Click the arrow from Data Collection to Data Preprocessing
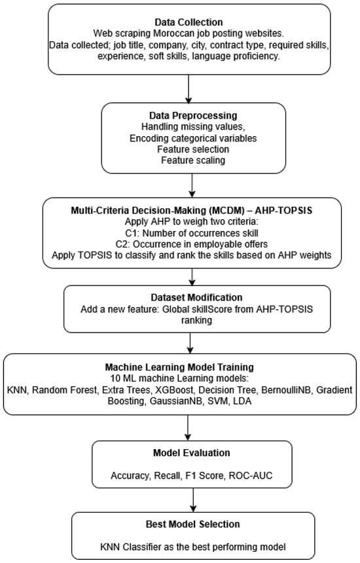pos(189,87)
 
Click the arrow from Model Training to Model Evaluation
pos(189,427)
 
